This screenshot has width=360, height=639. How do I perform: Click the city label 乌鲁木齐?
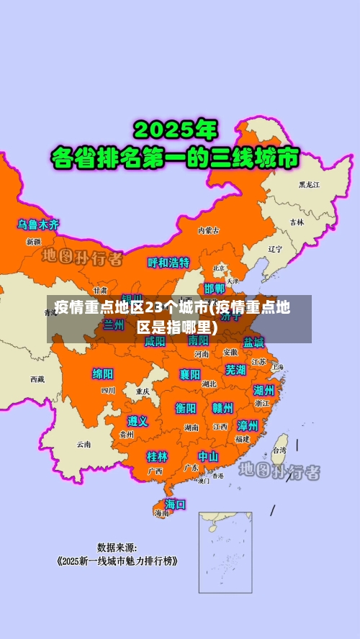tap(39, 225)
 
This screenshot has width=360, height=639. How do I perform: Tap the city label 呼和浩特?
tap(168, 263)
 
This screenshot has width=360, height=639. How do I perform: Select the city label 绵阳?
tap(103, 373)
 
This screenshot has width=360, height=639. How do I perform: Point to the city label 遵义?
tap(138, 421)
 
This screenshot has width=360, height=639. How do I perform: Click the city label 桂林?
tap(157, 456)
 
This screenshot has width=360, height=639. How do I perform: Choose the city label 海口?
tap(175, 504)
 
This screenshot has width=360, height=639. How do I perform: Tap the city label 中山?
tap(208, 456)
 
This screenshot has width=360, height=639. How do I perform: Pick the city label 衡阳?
tap(186, 408)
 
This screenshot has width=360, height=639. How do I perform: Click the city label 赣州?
tap(222, 408)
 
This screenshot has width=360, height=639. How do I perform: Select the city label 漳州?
tap(248, 425)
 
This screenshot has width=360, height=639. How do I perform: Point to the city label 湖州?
tap(264, 390)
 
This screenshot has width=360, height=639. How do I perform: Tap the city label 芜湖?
tap(235, 370)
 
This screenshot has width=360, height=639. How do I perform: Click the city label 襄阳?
tap(190, 373)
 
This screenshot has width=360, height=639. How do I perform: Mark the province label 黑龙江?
tap(310, 185)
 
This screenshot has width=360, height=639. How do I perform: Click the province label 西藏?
tap(37, 379)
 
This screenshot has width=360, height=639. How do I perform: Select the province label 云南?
tap(84, 444)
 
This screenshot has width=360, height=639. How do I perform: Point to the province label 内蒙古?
tap(209, 230)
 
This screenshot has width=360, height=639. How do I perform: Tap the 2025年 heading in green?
tap(175, 130)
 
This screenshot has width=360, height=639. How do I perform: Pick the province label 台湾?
tap(278, 450)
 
